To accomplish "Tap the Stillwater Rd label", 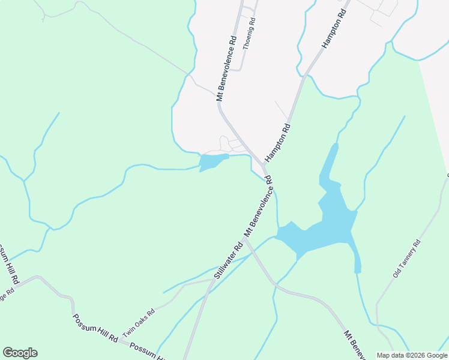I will pyautogui.click(x=229, y=260).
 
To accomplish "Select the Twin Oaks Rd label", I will pyautogui.click(x=139, y=322).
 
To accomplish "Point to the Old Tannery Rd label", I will pyautogui.click(x=408, y=258).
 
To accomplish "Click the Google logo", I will pyautogui.click(x=20, y=353).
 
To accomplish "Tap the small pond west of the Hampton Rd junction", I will pyautogui.click(x=211, y=162).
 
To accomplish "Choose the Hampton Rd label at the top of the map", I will pyautogui.click(x=335, y=29).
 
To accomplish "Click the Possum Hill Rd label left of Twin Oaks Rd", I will pyautogui.click(x=95, y=329).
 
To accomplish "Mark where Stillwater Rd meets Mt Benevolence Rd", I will pyautogui.click(x=246, y=239).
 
